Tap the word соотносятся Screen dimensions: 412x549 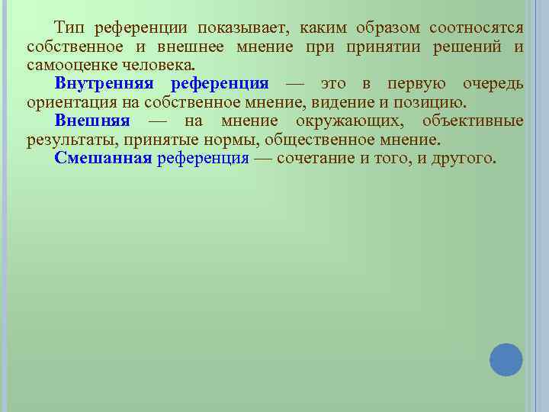point(477,28)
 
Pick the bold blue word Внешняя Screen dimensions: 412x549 point(92,121)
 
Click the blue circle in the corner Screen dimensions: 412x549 point(506,359)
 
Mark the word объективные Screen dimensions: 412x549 point(473,121)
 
